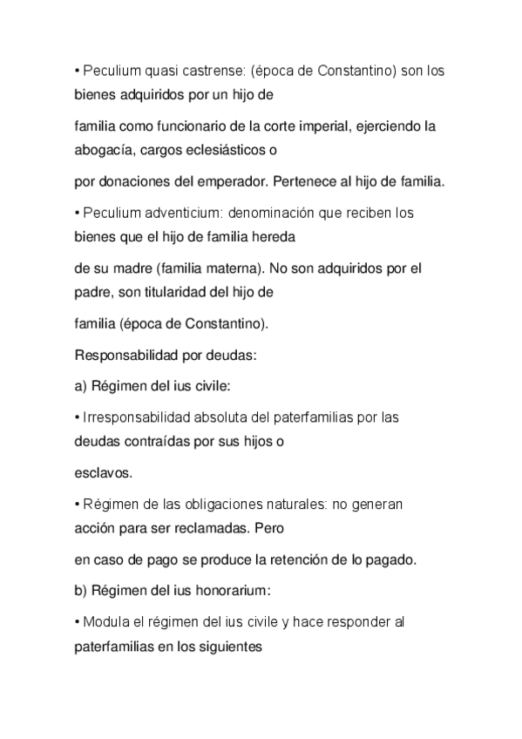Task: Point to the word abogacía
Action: pyautogui.click(x=101, y=148)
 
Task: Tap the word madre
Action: pyautogui.click(x=131, y=268)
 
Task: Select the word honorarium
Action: pyautogui.click(x=232, y=590)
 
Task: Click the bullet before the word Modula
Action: pyautogui.click(x=76, y=622)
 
